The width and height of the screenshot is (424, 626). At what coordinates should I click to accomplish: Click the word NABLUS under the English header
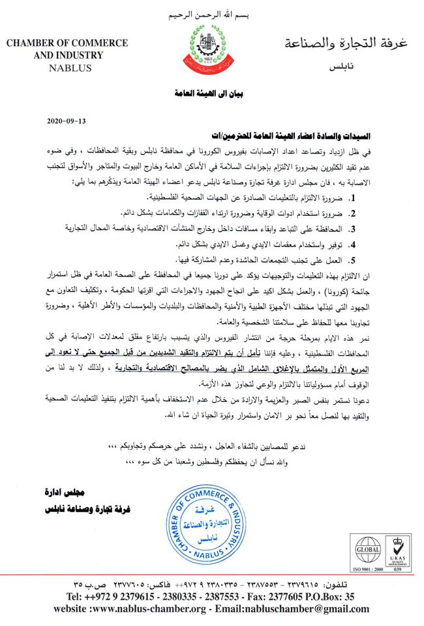[68, 67]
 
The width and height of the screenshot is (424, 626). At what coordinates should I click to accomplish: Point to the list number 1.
[351, 197]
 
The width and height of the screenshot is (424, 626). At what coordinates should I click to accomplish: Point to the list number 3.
[351, 229]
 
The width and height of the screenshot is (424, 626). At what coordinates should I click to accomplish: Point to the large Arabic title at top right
[348, 44]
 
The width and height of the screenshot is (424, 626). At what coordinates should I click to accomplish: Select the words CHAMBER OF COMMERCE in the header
[68, 44]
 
